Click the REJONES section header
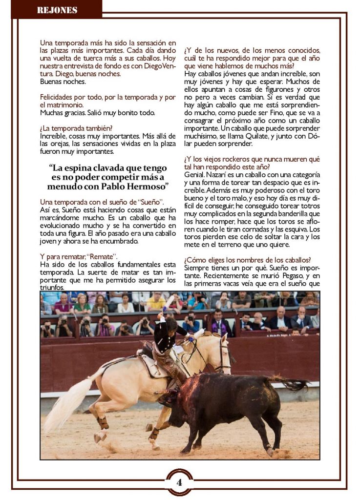[x=57, y=10]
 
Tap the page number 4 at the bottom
[x=179, y=482]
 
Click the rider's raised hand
[x=163, y=317]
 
